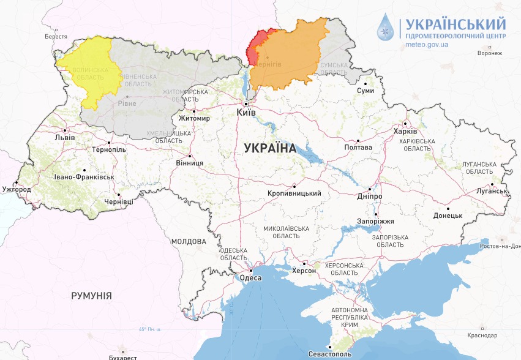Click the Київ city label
click(x=246, y=113)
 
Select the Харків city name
click(x=405, y=132)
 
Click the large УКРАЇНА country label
click(x=270, y=148)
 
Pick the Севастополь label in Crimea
click(x=330, y=354)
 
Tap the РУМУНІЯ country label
click(x=91, y=296)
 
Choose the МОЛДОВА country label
click(x=189, y=242)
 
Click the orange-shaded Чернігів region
click(x=288, y=55)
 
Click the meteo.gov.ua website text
click(x=427, y=45)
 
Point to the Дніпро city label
click(x=370, y=196)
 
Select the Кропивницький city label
click(x=294, y=193)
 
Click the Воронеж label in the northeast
click(x=489, y=53)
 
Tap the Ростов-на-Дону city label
click(x=500, y=246)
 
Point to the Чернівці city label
click(x=119, y=201)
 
